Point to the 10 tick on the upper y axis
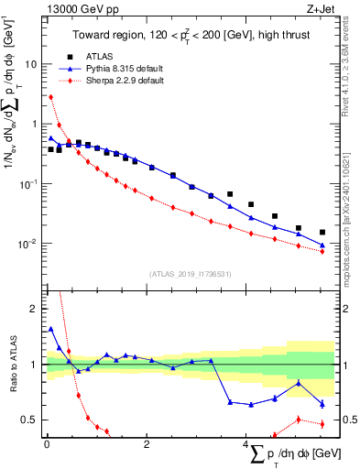click(x=35, y=64)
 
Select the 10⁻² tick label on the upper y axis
click(x=31, y=244)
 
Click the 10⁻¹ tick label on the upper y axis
click(x=31, y=183)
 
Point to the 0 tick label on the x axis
click(x=46, y=444)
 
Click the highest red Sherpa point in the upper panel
click(x=51, y=97)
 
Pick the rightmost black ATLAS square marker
click(x=322, y=233)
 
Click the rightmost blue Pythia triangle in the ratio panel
click(x=322, y=404)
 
